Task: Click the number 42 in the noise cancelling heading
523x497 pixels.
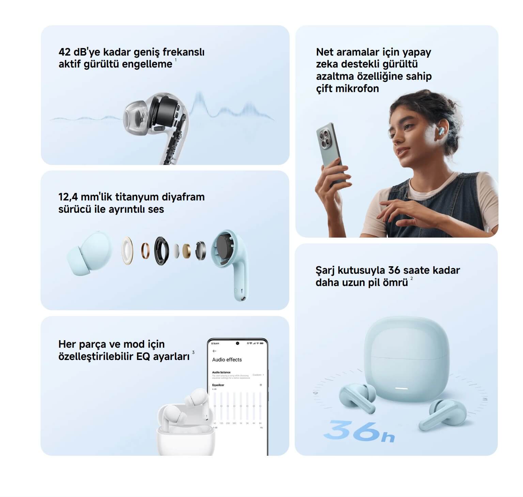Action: (x=65, y=52)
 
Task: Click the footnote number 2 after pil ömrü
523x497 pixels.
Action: (x=412, y=278)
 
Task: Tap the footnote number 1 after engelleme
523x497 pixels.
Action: (x=176, y=60)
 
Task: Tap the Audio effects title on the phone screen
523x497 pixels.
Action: (x=227, y=360)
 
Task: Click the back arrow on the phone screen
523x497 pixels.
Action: (x=214, y=351)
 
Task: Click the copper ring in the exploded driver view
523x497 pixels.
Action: (x=145, y=251)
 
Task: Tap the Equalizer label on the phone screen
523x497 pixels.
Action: (x=218, y=385)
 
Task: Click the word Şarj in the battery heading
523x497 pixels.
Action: (x=325, y=270)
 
